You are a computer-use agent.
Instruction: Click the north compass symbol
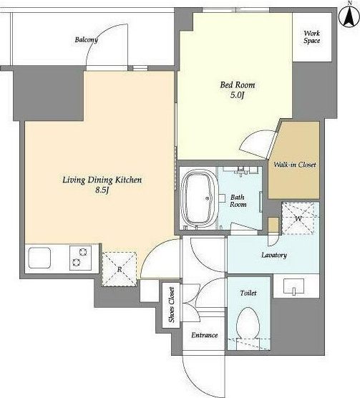pyautogui.click(x=349, y=16)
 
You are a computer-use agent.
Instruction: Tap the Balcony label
pyautogui.click(x=87, y=40)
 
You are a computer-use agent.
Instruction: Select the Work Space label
pyautogui.click(x=312, y=37)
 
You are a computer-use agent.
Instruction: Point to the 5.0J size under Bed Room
pyautogui.click(x=237, y=95)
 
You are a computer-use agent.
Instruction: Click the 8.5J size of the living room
pyautogui.click(x=102, y=190)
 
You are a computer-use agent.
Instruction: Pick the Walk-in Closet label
pyautogui.click(x=295, y=165)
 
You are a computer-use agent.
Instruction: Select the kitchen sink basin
pyautogui.click(x=39, y=258)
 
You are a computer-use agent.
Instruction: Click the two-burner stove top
pyautogui.click(x=80, y=258)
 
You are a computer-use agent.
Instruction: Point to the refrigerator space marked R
pyautogui.click(x=120, y=269)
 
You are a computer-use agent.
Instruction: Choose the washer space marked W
pyautogui.click(x=298, y=218)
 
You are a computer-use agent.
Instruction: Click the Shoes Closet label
pyautogui.click(x=172, y=305)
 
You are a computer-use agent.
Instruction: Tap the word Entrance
pyautogui.click(x=205, y=335)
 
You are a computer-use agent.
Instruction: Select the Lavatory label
pyautogui.click(x=274, y=255)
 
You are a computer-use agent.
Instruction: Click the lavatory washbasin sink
pyautogui.click(x=293, y=286)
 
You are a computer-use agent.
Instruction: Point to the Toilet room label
pyautogui.click(x=248, y=293)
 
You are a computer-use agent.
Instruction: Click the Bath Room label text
pyautogui.click(x=238, y=200)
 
